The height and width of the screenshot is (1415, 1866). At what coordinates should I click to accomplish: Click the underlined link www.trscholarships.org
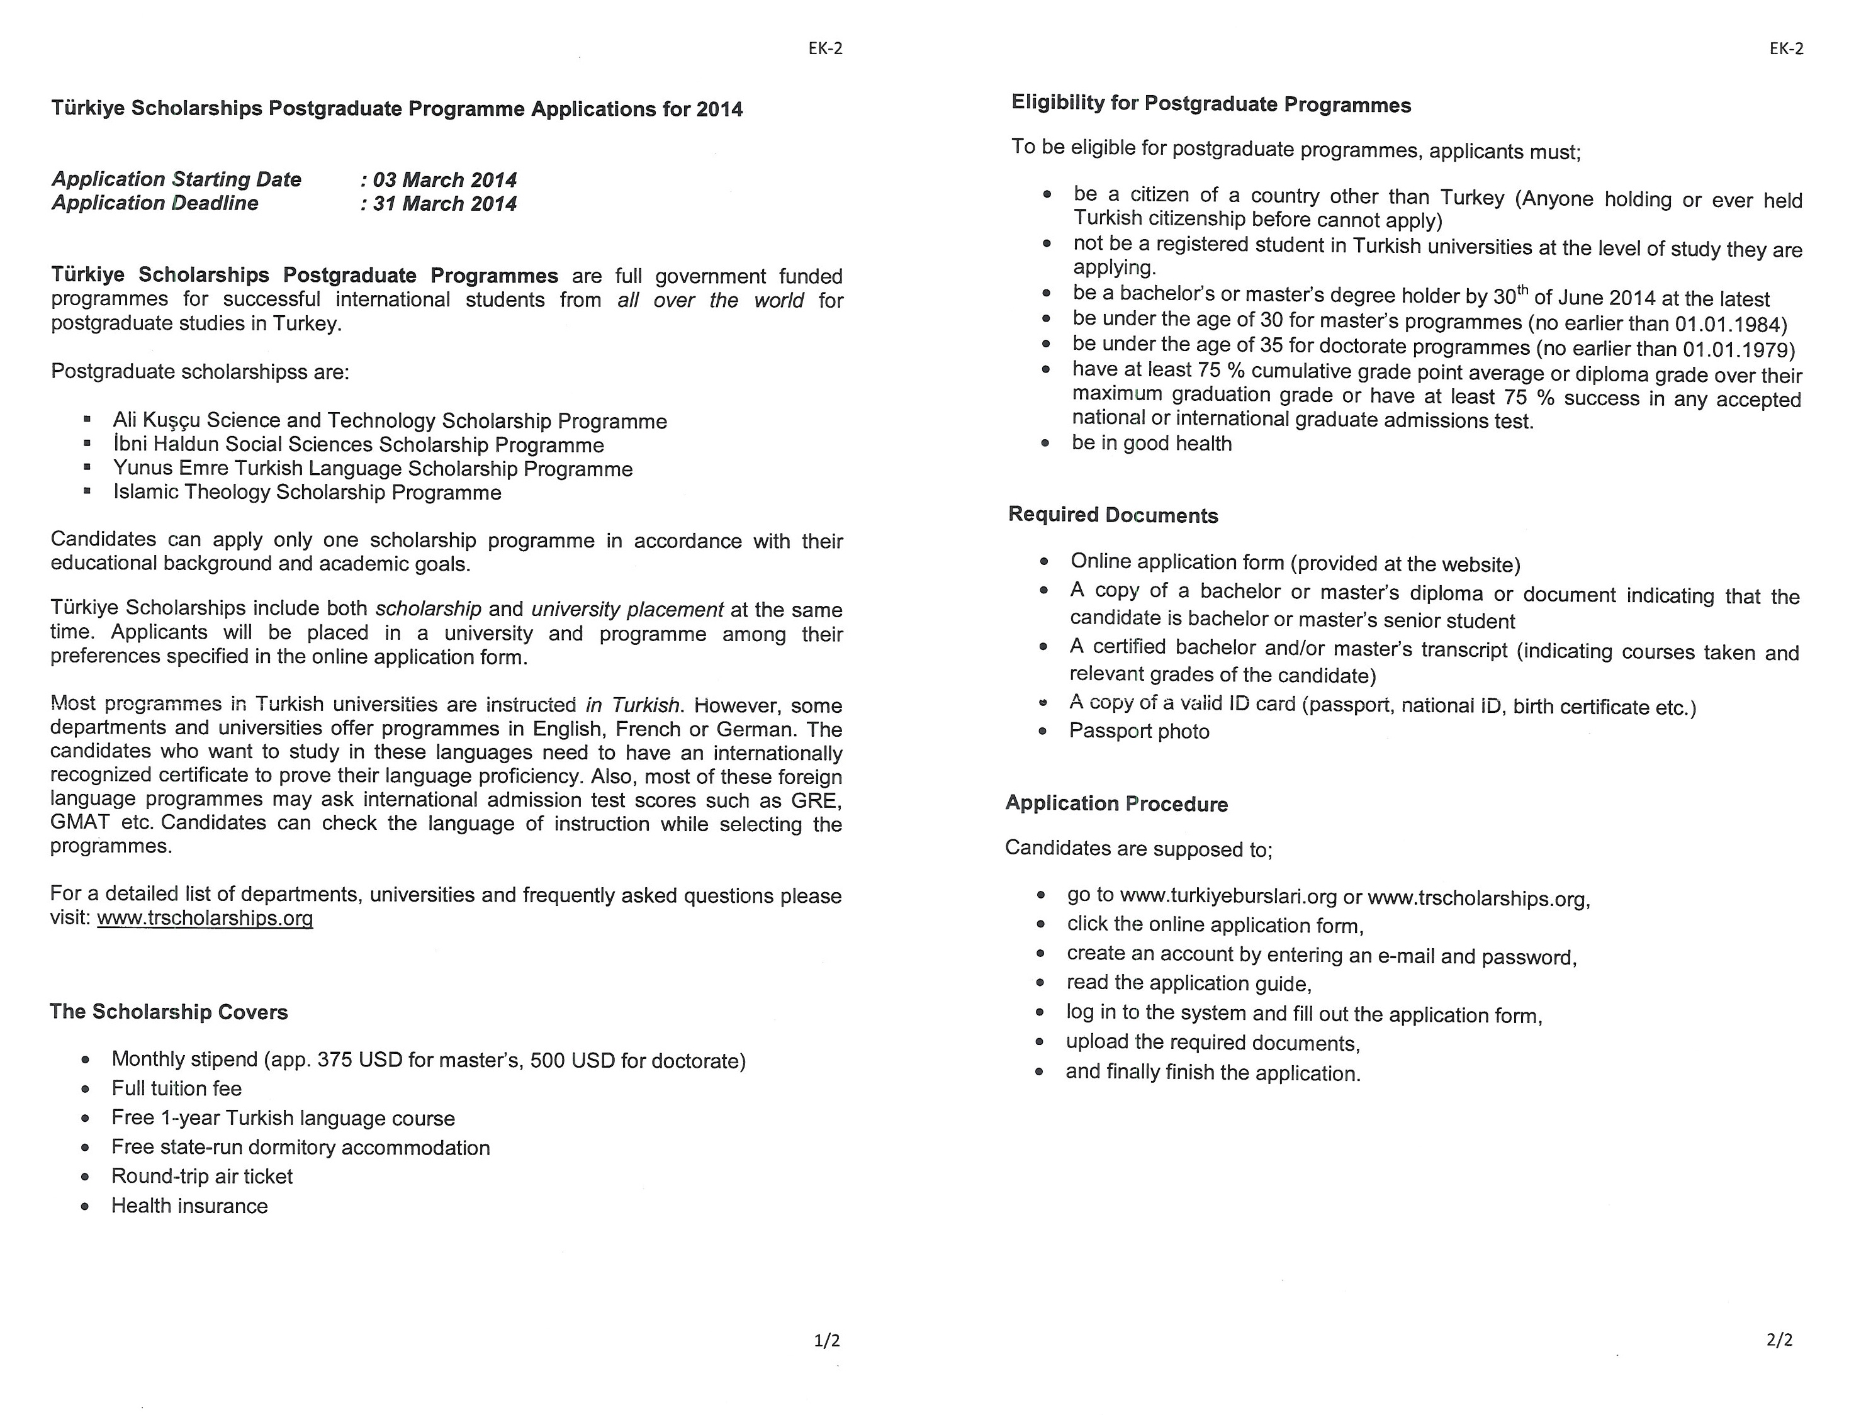point(205,919)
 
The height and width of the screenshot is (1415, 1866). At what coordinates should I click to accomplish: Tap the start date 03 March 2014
point(444,179)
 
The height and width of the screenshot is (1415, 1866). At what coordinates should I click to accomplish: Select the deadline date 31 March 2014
point(444,203)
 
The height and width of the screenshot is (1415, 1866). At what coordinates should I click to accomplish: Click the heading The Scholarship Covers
point(169,1012)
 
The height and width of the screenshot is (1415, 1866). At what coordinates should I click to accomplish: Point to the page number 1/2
point(827,1340)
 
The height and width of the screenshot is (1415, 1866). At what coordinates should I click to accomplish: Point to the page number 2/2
point(1779,1339)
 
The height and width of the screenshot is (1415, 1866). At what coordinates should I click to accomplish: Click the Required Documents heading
point(1113,515)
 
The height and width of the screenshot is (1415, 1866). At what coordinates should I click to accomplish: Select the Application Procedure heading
point(1116,803)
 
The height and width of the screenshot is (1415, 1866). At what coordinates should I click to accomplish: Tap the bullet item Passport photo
point(1139,731)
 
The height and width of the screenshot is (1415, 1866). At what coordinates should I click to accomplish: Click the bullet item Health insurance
point(190,1206)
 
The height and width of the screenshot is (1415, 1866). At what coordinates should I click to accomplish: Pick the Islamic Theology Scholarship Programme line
point(307,493)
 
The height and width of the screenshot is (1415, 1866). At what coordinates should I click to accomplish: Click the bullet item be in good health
point(1152,444)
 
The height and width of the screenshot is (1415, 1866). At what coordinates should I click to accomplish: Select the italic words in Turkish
point(632,705)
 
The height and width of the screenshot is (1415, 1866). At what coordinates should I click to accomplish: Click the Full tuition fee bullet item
point(176,1088)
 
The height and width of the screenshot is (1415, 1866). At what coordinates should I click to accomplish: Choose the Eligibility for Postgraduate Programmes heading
point(1210,104)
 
